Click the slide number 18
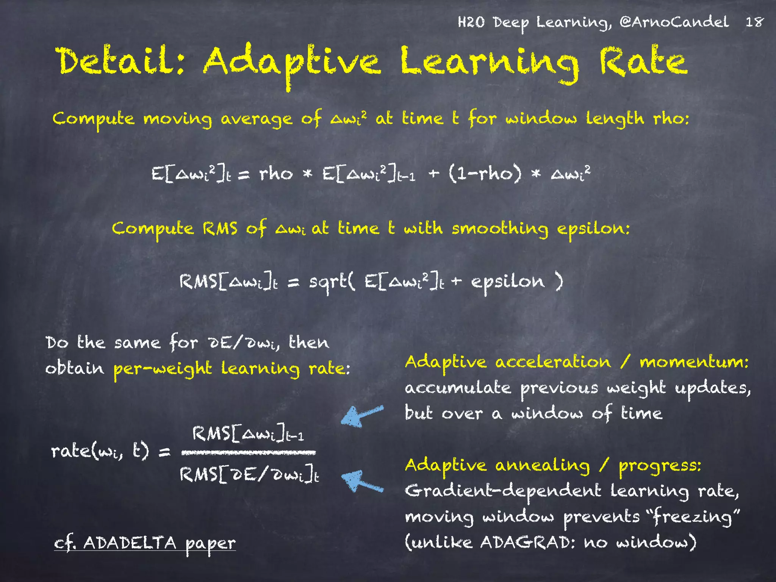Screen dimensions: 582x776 point(754,22)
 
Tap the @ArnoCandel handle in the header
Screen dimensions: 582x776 point(674,22)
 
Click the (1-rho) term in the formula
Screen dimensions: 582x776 point(485,174)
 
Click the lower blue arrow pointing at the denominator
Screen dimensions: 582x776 point(362,482)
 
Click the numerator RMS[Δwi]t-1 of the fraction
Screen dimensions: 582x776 point(248,434)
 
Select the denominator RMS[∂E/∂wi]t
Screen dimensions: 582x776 point(249,474)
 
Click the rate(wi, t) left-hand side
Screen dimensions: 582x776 point(100,451)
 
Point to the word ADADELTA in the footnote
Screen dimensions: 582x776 point(130,543)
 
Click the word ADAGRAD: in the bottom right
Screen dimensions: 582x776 point(528,542)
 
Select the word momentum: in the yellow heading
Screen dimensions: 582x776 point(694,362)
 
